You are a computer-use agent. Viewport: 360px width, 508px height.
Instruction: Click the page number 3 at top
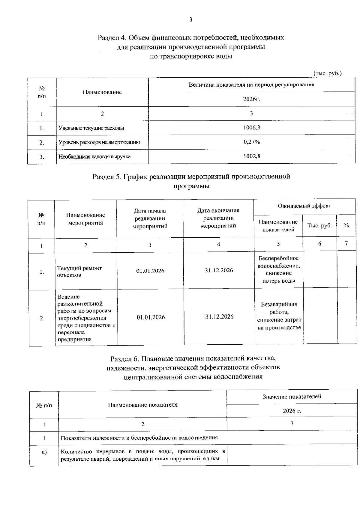coord(191,20)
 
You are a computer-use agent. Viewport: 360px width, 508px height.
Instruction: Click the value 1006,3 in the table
coord(251,128)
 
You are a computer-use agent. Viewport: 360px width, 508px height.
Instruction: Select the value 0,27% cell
coord(251,142)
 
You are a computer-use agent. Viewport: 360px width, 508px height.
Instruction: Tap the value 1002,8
coord(251,156)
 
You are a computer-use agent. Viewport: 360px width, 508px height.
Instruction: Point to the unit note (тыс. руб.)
coord(327,73)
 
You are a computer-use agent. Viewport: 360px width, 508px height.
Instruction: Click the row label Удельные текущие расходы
coord(91,128)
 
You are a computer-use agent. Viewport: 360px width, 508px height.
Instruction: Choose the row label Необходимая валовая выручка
coord(94,157)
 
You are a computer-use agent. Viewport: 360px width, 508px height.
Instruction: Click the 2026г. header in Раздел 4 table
coord(251,99)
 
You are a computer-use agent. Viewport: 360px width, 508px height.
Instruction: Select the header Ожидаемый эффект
coord(304,206)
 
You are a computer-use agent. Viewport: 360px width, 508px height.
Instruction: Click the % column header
coord(346,226)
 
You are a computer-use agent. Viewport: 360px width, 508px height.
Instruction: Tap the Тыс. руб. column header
coord(319,226)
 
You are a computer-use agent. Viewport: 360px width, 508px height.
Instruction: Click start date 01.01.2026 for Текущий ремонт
coord(150,271)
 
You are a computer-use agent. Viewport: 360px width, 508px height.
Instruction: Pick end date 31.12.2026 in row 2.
coord(219,317)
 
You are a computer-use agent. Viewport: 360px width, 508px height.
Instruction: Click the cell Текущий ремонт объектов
coord(79,272)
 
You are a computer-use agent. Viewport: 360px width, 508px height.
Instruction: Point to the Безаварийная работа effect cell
coord(279,316)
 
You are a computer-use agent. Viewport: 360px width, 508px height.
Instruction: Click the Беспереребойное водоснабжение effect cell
coord(279,269)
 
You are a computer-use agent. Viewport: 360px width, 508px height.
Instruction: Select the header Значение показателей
coord(292,397)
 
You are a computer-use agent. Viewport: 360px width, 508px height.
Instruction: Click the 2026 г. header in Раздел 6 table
coord(292,411)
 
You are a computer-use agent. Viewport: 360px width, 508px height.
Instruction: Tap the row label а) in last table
coord(44,452)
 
